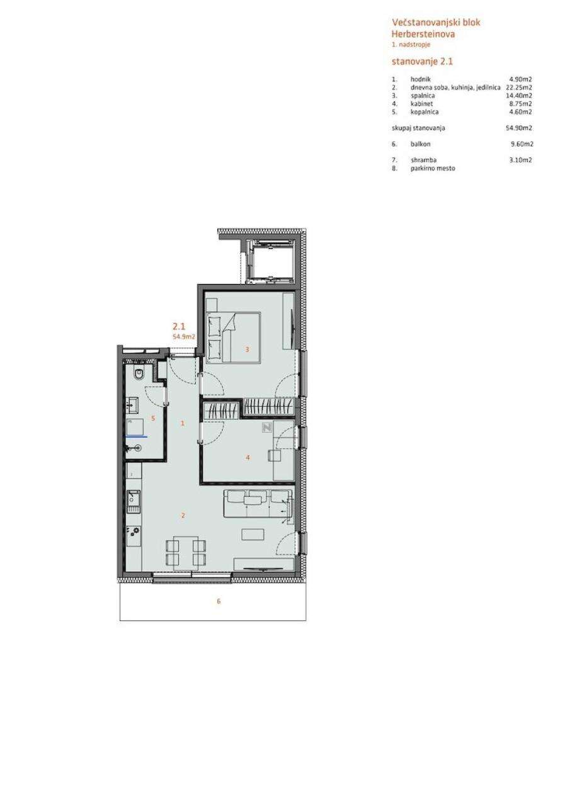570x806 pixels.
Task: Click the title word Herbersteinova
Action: (423, 34)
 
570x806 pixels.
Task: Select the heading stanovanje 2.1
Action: (422, 62)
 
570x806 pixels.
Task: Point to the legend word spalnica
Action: (423, 96)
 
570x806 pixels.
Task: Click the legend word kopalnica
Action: (425, 112)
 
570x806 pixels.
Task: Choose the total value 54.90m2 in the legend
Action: (518, 128)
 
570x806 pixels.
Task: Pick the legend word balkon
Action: (420, 144)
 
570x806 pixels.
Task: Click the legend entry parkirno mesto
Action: (433, 168)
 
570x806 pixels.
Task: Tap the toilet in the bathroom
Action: (138, 375)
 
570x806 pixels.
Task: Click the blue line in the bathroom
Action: (137, 436)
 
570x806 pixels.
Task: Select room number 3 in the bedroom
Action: (248, 349)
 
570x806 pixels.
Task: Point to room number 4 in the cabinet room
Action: (248, 457)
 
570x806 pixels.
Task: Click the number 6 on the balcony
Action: (219, 601)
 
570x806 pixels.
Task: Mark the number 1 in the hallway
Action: (183, 424)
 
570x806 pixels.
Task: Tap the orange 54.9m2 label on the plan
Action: (184, 336)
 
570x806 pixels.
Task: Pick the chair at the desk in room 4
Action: (275, 455)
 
